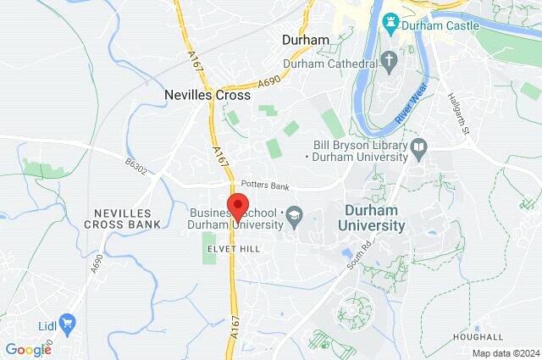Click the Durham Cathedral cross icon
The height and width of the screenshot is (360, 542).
(x=390, y=61)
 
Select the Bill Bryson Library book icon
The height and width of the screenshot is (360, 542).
(x=418, y=150)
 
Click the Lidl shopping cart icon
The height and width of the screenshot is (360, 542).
(x=67, y=323)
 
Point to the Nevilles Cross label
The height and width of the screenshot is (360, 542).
(x=200, y=96)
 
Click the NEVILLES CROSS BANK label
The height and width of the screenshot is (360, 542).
(x=123, y=219)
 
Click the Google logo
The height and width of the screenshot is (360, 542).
(x=28, y=349)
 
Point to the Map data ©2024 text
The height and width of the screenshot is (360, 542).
(x=504, y=353)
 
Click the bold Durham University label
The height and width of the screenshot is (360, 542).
(x=372, y=219)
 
